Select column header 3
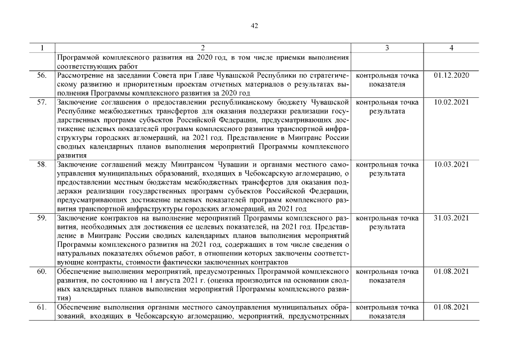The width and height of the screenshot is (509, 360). (x=388, y=48)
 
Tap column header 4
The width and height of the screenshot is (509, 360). (x=452, y=48)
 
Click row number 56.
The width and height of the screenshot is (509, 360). (x=42, y=75)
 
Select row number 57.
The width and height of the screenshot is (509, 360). (x=42, y=102)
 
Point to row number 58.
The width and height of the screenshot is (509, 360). (x=42, y=165)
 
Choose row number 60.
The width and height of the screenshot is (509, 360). (x=42, y=272)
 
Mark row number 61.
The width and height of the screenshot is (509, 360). (x=42, y=307)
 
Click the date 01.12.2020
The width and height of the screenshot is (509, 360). (x=452, y=75)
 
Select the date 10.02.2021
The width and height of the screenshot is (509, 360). (x=452, y=102)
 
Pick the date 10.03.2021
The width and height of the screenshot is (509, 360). (x=452, y=165)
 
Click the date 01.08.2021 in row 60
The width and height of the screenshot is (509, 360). (x=452, y=272)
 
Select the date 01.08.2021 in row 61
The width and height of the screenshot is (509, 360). (x=452, y=307)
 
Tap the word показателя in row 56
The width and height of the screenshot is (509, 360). (x=387, y=84)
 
